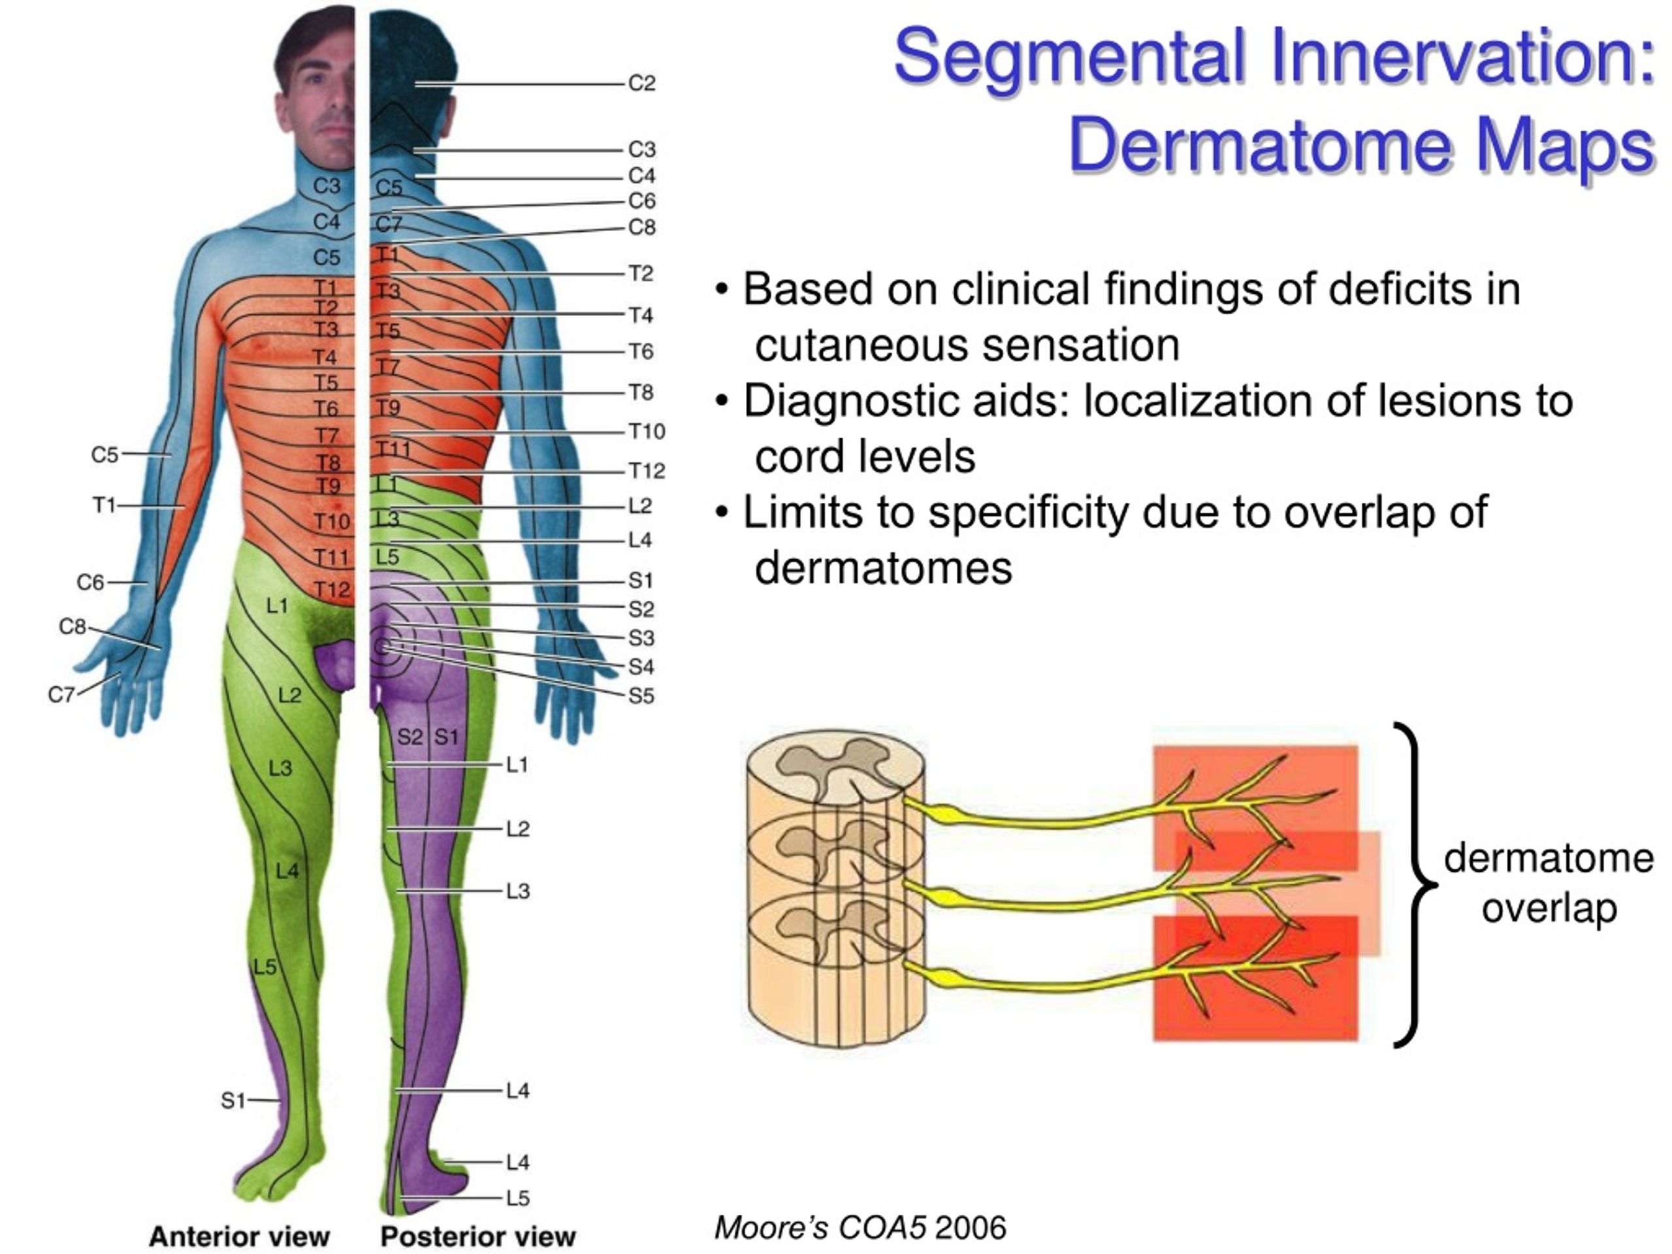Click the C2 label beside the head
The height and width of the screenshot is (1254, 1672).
tap(642, 83)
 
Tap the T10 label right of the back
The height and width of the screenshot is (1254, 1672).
tap(647, 432)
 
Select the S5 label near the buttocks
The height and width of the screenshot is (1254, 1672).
tap(641, 696)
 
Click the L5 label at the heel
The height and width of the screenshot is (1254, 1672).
tap(518, 1198)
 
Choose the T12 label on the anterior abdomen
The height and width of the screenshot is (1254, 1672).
tap(332, 590)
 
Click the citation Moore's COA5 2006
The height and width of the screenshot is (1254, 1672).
tap(860, 1227)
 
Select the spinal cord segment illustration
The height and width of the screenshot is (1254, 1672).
tap(836, 892)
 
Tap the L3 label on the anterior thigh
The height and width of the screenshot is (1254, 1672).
tap(280, 769)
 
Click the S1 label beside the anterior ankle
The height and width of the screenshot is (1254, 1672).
tap(233, 1101)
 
